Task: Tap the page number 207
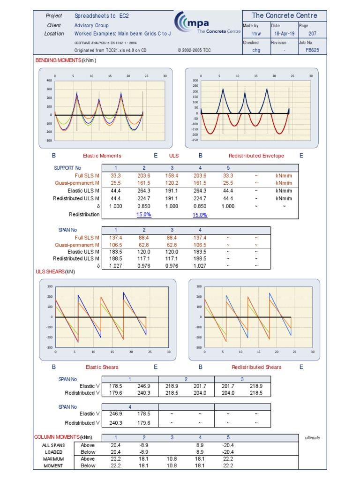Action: pyautogui.click(x=312, y=34)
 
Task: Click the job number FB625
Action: pyautogui.click(x=312, y=50)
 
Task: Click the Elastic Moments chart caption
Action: pyautogui.click(x=102, y=156)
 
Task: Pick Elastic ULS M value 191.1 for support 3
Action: pyautogui.click(x=172, y=191)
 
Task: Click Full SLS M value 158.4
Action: pyautogui.click(x=172, y=176)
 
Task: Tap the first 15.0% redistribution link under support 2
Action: pyautogui.click(x=144, y=215)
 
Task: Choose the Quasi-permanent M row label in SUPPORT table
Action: pyautogui.click(x=77, y=183)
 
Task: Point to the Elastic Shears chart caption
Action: pyautogui.click(x=102, y=367)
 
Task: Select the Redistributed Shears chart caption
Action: pyautogui.click(x=256, y=367)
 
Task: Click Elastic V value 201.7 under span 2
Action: pyautogui.click(x=200, y=386)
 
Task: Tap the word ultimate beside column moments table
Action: pyautogui.click(x=312, y=437)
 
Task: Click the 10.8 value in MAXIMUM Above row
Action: pyautogui.click(x=172, y=459)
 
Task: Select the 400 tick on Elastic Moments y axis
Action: pyautogui.click(x=49, y=81)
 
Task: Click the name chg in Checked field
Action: pyautogui.click(x=256, y=50)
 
